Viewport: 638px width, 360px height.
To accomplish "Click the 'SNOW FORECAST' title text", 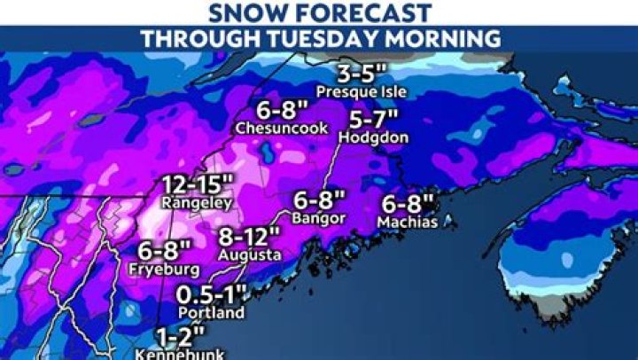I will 319,13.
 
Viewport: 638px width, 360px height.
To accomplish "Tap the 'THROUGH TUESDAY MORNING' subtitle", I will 319,38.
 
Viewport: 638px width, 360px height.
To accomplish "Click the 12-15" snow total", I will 198,185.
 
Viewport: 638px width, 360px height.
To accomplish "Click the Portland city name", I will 210,313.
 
